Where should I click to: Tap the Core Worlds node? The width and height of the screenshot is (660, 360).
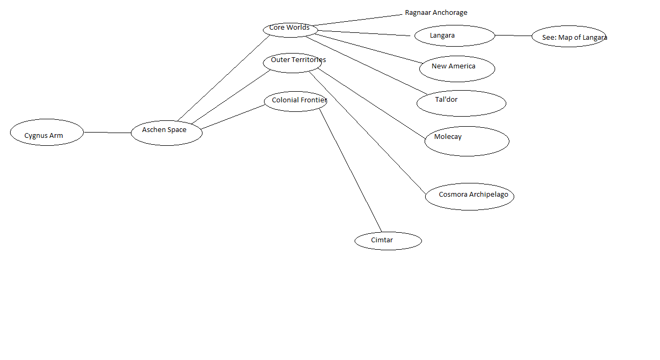pos(290,29)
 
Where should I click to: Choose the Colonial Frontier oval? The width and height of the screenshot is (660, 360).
pos(295,101)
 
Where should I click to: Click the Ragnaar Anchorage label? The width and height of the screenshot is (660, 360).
pos(436,13)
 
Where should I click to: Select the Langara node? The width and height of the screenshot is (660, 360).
pos(455,36)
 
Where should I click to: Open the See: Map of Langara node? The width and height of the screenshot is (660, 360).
pos(569,37)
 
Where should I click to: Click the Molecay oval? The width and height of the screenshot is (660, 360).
pos(467,141)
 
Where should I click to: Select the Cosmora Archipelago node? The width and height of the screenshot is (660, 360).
pos(470,196)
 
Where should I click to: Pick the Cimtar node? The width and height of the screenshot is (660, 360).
pos(388,241)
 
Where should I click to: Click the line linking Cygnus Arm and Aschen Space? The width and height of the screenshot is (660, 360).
pos(107,133)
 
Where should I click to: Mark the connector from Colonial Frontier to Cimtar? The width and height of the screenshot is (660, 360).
pos(350,170)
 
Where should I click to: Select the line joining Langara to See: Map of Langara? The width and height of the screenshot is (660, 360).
pos(513,36)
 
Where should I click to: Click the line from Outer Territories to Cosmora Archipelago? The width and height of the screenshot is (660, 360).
pos(366,131)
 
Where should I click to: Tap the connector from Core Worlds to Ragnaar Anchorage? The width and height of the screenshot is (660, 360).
pos(358,19)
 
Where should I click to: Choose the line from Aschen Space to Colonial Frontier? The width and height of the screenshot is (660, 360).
pos(233,117)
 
